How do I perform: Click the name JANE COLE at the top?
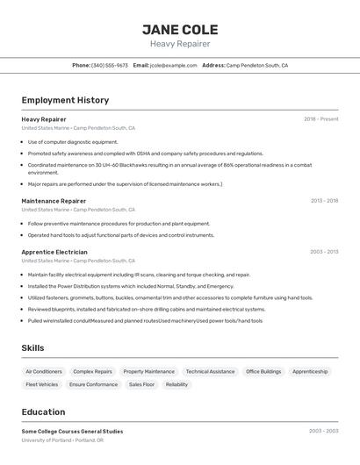coord(180,29)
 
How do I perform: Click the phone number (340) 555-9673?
coord(110,65)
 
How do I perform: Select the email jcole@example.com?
coord(173,65)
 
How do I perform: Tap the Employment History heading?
coord(65,100)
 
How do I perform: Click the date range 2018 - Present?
coord(321,118)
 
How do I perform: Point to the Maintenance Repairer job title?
coord(54,201)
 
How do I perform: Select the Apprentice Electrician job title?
coord(54,252)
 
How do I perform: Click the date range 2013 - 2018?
coord(324,201)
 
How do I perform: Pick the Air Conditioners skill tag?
coord(44,371)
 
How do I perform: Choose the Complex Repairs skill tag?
coord(92,371)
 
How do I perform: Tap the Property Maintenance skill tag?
coord(148,371)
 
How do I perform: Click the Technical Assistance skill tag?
coord(210,371)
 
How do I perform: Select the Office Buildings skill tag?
coord(263,371)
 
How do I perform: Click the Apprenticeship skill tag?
coord(310,371)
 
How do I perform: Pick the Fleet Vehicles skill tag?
coord(42,384)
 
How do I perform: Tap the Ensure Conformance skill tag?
coord(93,384)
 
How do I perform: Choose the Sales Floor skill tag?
coord(141,384)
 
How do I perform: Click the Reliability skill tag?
coord(176,384)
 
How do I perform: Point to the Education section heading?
coord(43,411)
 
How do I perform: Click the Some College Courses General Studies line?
coord(72,432)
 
